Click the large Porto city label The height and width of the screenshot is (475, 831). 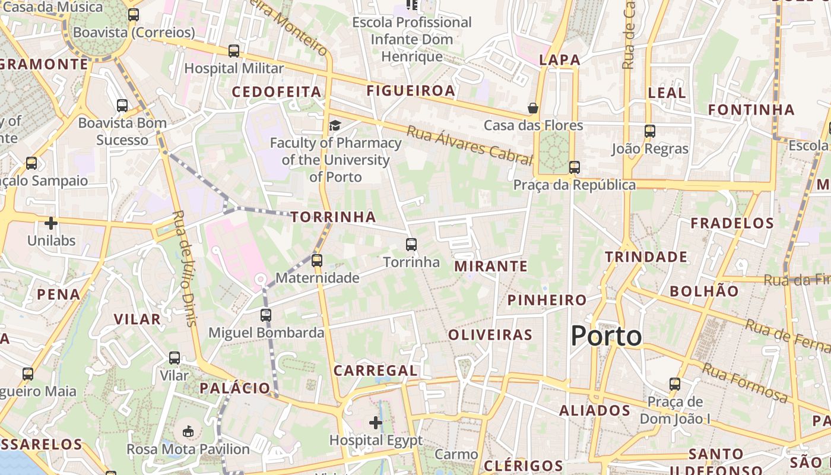(606, 336)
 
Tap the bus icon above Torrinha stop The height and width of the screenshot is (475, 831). (411, 244)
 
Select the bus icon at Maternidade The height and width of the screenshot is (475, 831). (317, 260)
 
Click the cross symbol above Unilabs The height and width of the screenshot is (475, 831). (51, 223)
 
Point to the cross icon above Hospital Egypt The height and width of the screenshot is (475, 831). (376, 423)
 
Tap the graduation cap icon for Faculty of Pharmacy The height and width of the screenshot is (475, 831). (335, 125)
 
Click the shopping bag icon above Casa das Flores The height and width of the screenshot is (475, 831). (533, 108)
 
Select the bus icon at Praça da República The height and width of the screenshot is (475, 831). (574, 167)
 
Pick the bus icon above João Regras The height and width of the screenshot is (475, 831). (650, 131)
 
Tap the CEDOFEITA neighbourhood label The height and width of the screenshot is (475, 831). (276, 92)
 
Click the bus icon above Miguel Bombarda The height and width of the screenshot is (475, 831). (266, 315)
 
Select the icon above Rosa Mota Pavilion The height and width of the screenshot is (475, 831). (188, 432)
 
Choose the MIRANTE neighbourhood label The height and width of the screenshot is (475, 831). (491, 266)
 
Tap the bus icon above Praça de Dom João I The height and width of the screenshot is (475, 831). (675, 384)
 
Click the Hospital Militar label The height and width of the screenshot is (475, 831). (234, 68)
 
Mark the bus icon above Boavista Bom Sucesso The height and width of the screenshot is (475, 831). (122, 106)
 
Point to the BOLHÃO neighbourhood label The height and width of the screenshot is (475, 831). (704, 291)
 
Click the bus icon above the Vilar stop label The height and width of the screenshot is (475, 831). (174, 358)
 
